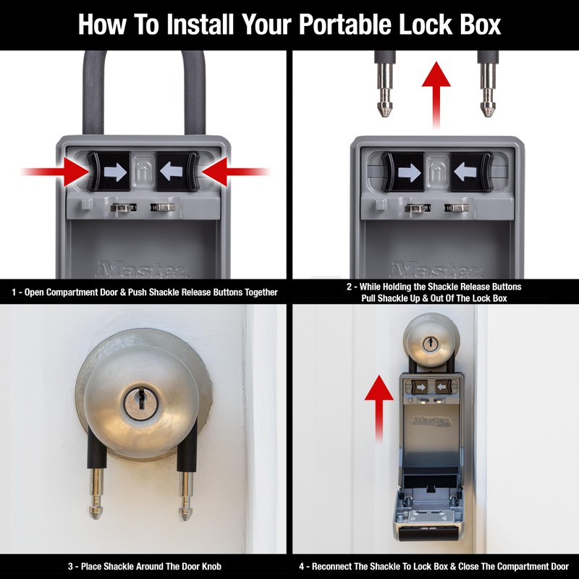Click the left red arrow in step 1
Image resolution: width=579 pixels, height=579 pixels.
pyautogui.click(x=54, y=172)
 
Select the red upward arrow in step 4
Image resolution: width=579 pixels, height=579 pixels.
pyautogui.click(x=375, y=405)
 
